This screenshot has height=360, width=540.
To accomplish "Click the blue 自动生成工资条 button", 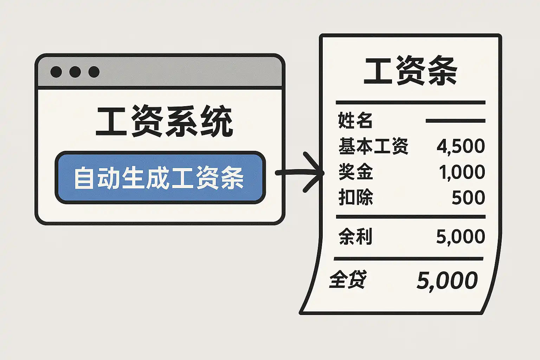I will pos(160,178).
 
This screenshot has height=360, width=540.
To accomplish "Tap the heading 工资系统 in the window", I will pos(164,122).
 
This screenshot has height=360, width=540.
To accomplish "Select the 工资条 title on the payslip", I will pos(410,71).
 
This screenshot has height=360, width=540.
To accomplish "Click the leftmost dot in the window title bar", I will pos(56,72).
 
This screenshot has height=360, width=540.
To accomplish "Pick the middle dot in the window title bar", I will pos(75,72).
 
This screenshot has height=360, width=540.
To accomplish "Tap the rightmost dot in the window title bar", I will pos(94,72).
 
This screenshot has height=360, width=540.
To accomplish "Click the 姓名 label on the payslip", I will pos(355,120).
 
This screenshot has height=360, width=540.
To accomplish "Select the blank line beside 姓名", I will pos(455,121).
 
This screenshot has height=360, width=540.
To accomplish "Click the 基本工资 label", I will pos(373,146).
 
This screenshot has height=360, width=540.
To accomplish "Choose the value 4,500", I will pos(461,146).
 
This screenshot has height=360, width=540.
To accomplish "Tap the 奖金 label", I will pos(355,172).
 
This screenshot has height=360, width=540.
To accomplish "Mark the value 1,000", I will pos(462,172).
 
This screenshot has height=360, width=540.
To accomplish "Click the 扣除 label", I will pos(355,197).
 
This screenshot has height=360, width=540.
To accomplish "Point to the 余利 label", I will pos(355,236).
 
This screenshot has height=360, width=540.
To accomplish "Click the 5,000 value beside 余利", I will pos(461,237).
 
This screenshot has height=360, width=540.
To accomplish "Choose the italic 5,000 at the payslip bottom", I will pos(447,281).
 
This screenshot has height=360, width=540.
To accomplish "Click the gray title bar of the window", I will pos(190,72).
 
